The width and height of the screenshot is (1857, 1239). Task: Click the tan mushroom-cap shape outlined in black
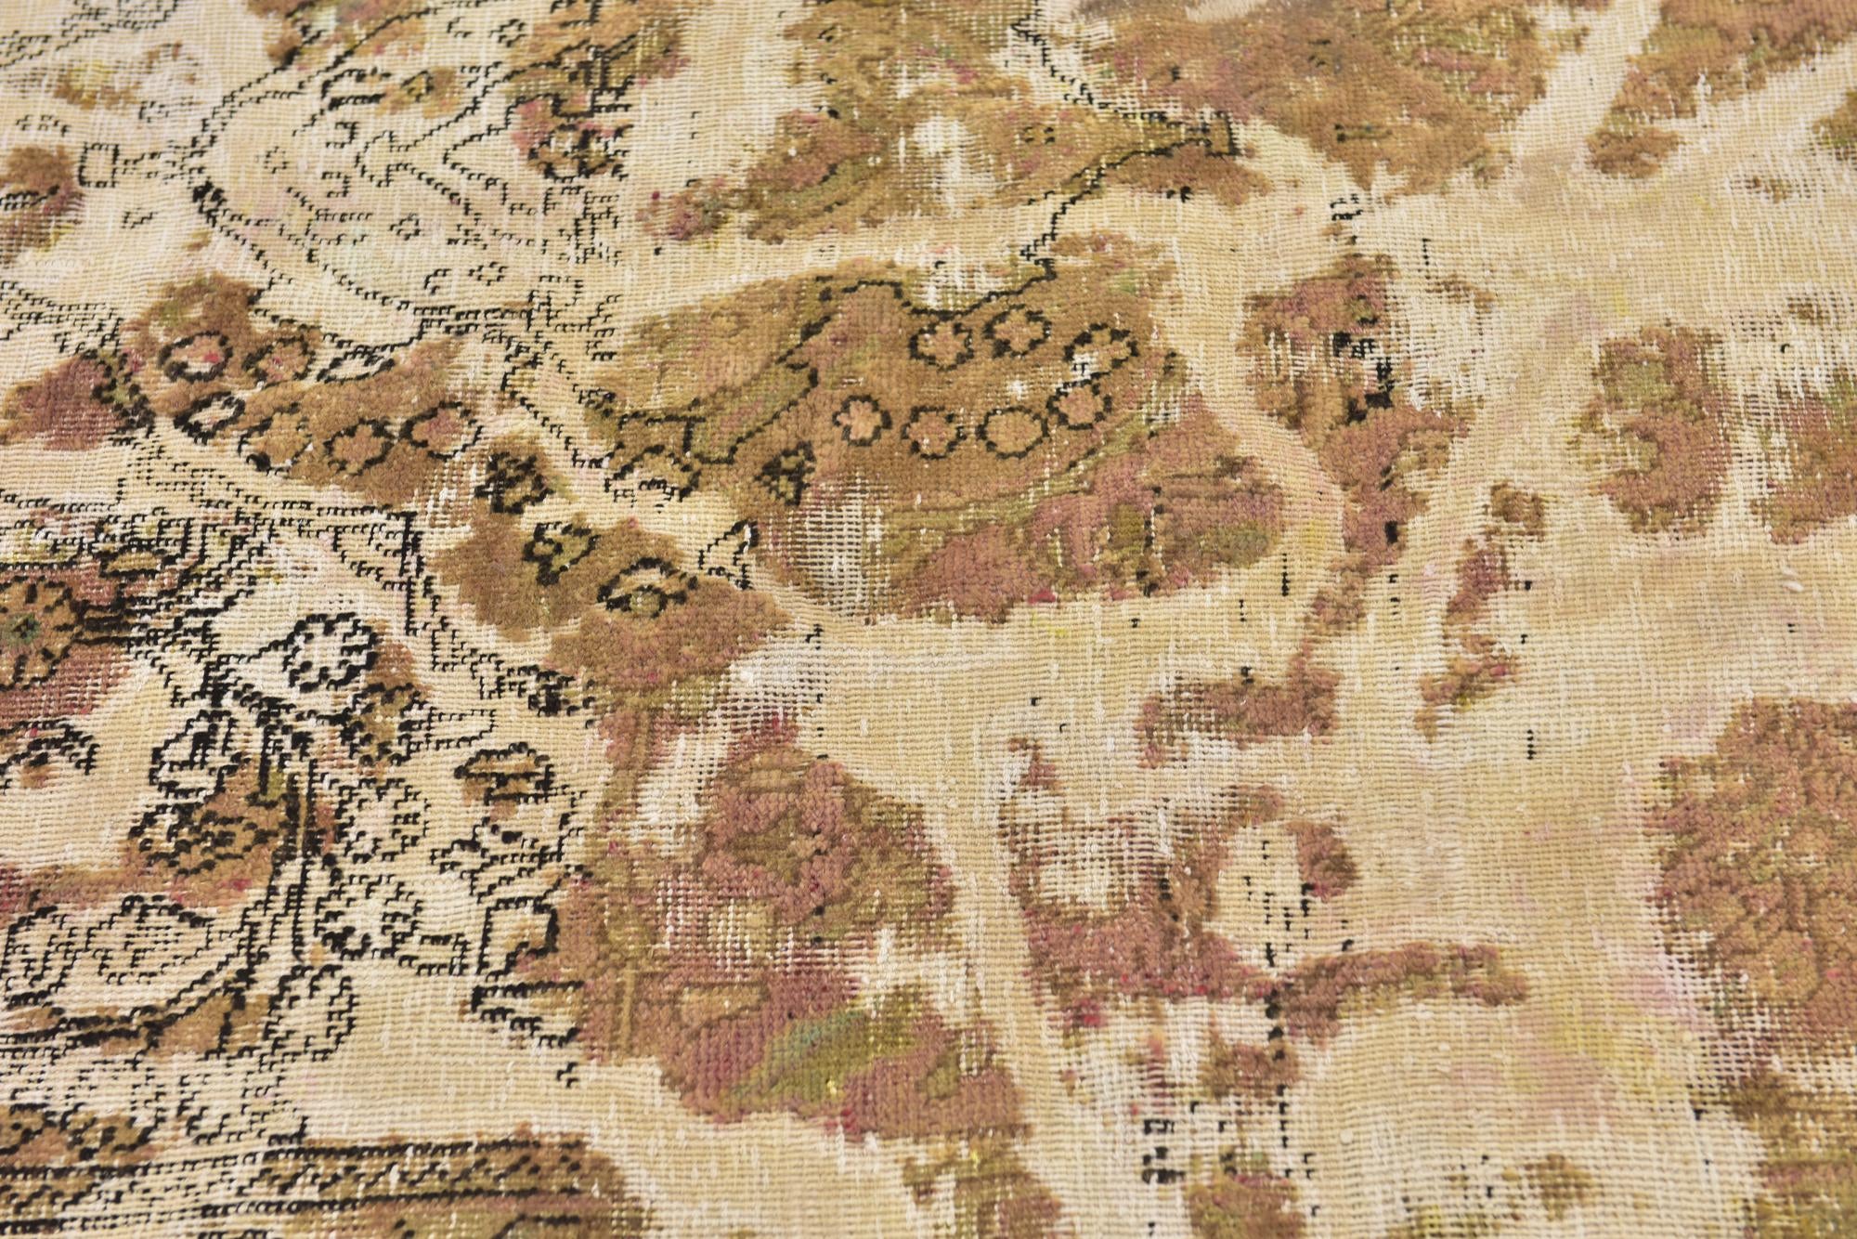pos(506,776)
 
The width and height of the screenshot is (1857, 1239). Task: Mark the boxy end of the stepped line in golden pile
pos(1207,139)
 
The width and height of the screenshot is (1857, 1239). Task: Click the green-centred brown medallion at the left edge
pos(28,632)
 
